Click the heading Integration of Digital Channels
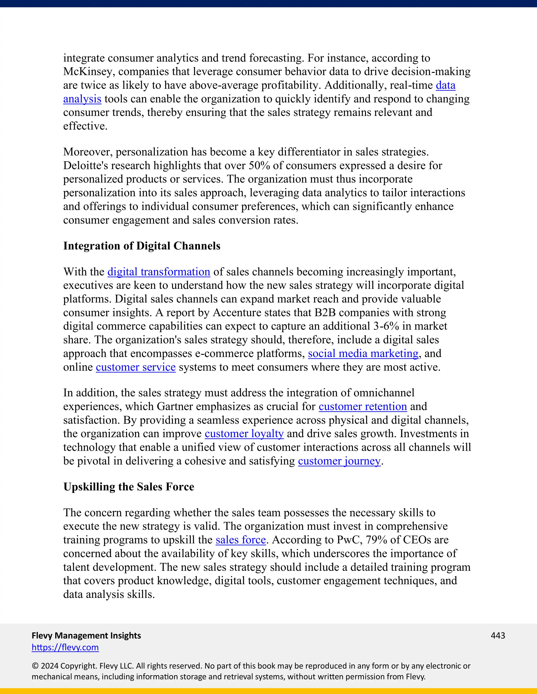pyautogui.click(x=142, y=246)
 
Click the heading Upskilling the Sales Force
pyautogui.click(x=128, y=487)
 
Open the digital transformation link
pyautogui.click(x=159, y=272)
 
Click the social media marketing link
pyautogui.click(x=363, y=354)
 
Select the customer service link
pyautogui.click(x=136, y=367)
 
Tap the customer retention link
pyautogui.click(x=363, y=407)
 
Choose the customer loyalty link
pyautogui.click(x=244, y=434)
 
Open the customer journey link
pyautogui.click(x=339, y=461)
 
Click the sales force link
pyautogui.click(x=240, y=540)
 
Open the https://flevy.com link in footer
pyautogui.click(x=65, y=647)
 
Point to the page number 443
pyautogui.click(x=498, y=636)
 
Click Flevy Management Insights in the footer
pyautogui.click(x=86, y=636)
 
